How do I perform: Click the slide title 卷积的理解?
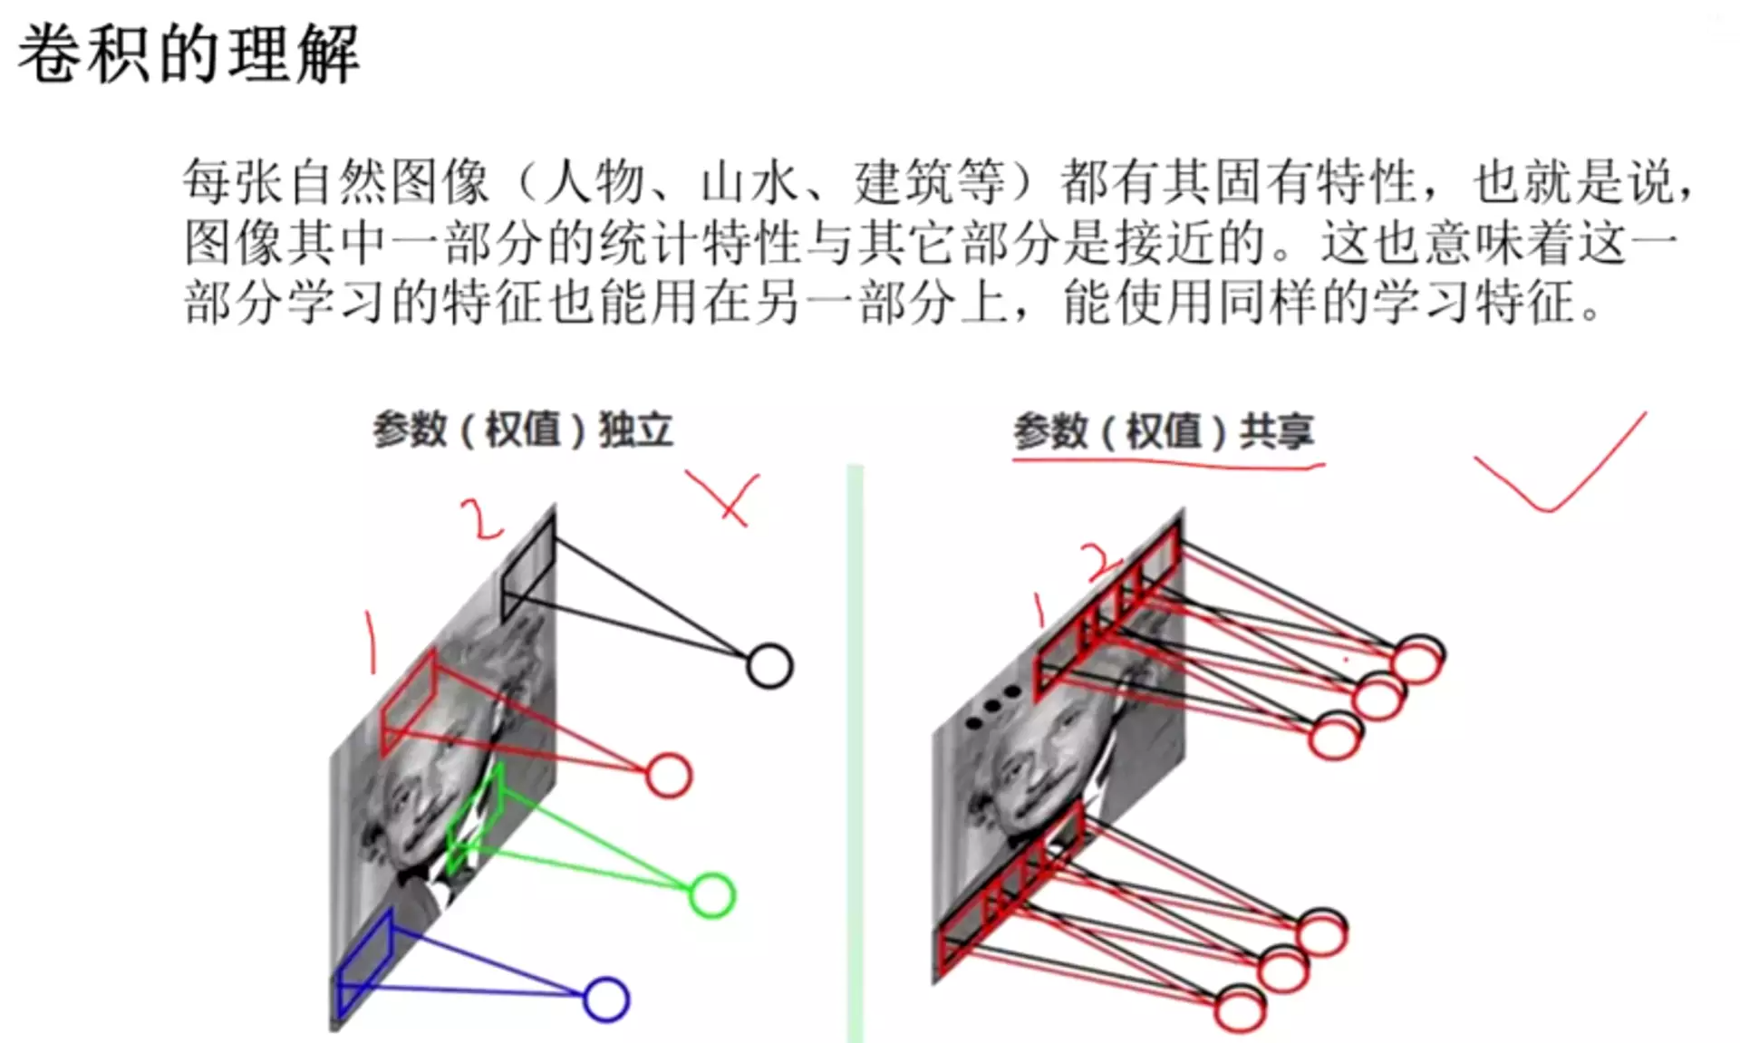click(188, 54)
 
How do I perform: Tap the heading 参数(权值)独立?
click(522, 430)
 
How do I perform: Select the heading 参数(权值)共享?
click(1163, 431)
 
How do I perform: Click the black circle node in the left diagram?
click(769, 667)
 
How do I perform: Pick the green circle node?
click(711, 895)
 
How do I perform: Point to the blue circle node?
click(605, 1000)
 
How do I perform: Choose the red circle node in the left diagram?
click(669, 776)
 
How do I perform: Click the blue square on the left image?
click(364, 965)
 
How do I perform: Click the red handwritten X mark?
click(725, 497)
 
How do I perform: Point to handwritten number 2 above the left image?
click(480, 519)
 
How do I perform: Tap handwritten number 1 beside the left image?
click(370, 642)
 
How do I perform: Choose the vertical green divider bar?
click(855, 752)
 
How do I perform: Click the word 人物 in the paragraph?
click(594, 182)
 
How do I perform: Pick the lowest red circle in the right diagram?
click(1239, 1009)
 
